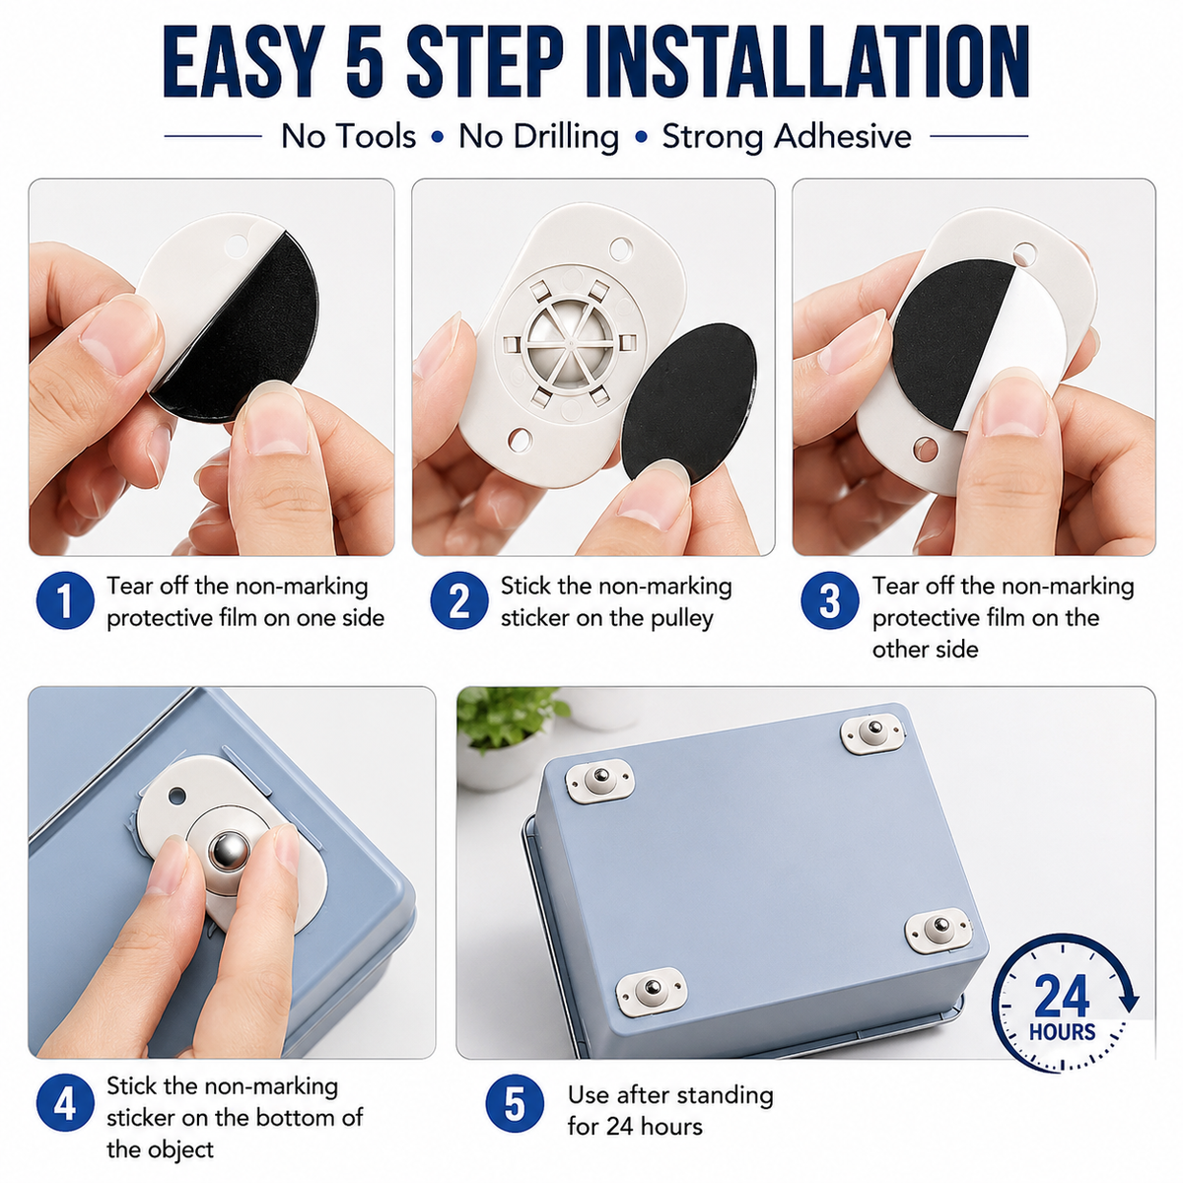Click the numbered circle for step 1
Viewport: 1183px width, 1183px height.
pos(65,599)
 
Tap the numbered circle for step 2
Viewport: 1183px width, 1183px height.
pos(459,599)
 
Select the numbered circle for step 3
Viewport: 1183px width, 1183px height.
pos(829,599)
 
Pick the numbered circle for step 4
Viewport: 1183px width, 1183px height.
pos(65,1102)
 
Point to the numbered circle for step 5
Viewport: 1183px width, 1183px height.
pos(515,1103)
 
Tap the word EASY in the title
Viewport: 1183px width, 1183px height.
pos(244,62)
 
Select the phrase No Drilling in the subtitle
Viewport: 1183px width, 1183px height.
pos(538,136)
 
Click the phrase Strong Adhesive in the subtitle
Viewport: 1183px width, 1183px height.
pos(787,136)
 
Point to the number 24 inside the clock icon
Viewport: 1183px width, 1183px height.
pos(1062,997)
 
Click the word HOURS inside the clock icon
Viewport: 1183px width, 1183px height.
pos(1062,1032)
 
